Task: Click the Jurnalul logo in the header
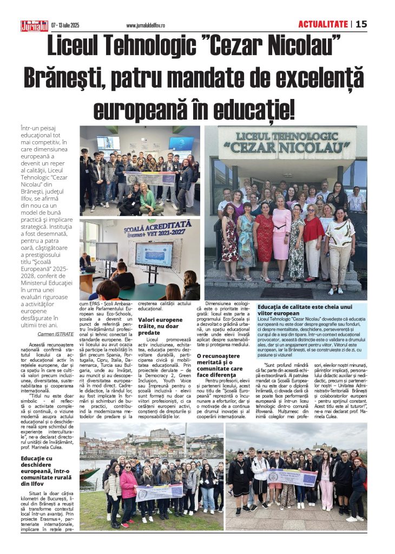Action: point(35,25)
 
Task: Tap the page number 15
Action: point(361,24)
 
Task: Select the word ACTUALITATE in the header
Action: point(322,24)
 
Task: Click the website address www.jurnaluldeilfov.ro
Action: point(153,25)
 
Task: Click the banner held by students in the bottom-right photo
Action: point(292,477)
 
